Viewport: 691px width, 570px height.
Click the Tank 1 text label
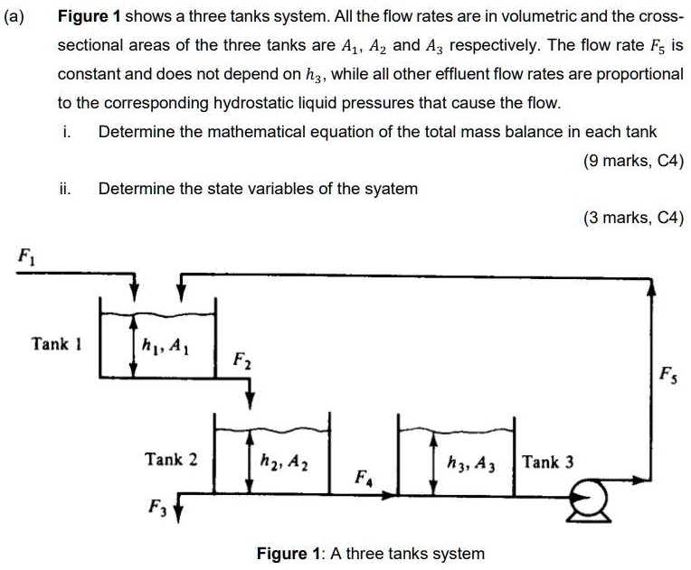coord(56,343)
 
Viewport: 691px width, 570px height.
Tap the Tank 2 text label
coord(171,459)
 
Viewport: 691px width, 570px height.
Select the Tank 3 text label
coord(547,462)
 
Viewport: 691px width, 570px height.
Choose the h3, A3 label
coord(470,463)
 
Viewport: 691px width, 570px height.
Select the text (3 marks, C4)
coord(633,218)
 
